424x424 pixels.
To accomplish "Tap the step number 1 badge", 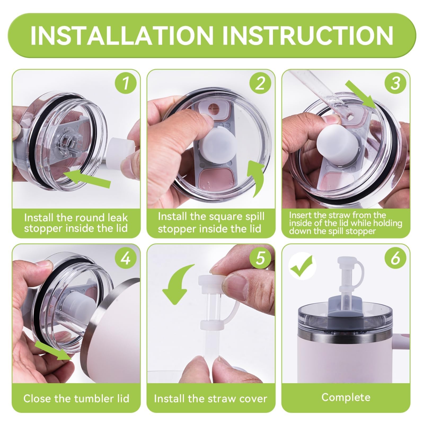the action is coord(126,82).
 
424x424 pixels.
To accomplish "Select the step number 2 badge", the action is coord(260,82).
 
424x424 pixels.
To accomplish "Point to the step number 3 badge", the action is coord(395,82).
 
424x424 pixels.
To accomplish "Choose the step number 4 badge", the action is coord(126,258).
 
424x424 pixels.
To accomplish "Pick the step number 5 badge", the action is coord(260,258).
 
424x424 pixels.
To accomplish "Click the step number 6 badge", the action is coord(395,258).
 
